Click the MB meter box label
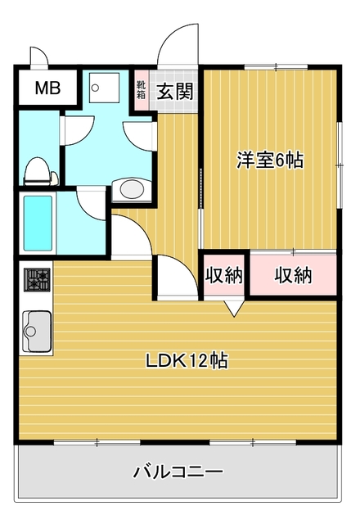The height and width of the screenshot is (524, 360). pos(47,88)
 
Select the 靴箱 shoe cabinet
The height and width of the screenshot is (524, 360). pos(142,89)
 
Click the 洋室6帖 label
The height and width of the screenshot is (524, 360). pos(270,160)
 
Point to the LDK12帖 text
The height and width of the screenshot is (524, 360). pos(187,360)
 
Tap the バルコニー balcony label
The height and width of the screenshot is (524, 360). pos(178,472)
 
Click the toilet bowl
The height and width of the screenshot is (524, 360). pos(37,171)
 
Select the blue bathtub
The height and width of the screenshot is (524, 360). pos(38,223)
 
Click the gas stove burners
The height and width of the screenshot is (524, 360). pos(37,279)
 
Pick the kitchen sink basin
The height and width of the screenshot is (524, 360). pos(37,331)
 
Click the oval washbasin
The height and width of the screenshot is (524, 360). pos(132,190)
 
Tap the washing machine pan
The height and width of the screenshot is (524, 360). pos(105,88)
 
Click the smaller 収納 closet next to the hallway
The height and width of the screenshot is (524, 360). pos(223,275)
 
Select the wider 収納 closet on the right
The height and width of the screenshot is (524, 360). pos(293,275)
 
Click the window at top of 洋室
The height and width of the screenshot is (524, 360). pos(277,67)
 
